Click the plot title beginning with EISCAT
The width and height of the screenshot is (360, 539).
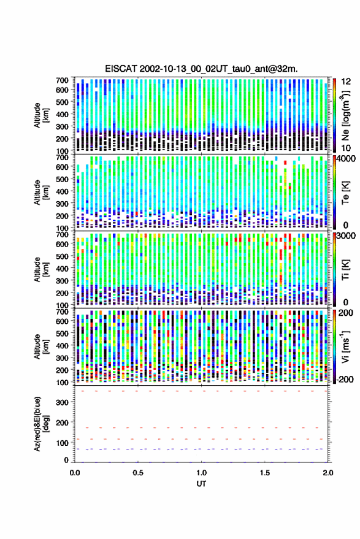(x=202, y=69)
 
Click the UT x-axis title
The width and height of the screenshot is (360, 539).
(x=202, y=484)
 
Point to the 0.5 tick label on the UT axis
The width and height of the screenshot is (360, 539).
(x=138, y=473)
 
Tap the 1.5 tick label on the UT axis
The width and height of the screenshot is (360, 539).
(x=265, y=473)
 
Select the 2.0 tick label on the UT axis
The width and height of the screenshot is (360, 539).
(x=328, y=473)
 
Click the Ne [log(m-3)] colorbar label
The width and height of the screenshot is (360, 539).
(x=345, y=115)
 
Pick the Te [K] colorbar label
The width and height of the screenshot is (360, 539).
(x=345, y=193)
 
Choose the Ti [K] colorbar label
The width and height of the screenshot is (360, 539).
(x=345, y=270)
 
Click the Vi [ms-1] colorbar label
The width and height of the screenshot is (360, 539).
(x=345, y=347)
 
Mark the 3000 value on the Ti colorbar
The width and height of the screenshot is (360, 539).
(x=347, y=236)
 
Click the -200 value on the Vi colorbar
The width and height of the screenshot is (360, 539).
(x=344, y=380)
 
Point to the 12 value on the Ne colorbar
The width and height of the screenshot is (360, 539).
(x=347, y=82)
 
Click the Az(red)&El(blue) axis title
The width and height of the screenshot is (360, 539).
(x=41, y=424)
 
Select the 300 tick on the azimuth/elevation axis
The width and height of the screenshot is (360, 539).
(x=62, y=402)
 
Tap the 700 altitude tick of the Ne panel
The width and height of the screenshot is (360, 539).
(x=62, y=80)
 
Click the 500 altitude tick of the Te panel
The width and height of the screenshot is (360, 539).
(x=62, y=179)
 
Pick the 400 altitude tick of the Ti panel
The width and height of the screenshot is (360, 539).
(x=62, y=269)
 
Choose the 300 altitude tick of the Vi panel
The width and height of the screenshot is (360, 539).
(x=62, y=358)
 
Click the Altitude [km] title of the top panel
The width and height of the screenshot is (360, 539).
(x=41, y=115)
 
